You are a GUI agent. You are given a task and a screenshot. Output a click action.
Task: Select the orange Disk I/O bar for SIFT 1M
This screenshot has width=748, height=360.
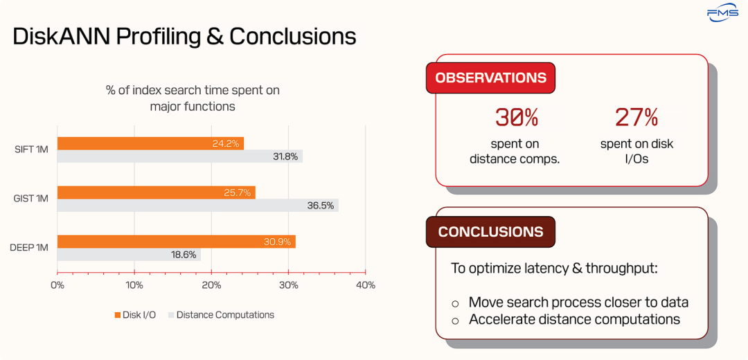(x=151, y=143)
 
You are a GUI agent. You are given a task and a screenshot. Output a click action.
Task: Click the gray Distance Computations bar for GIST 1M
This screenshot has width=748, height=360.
(x=198, y=205)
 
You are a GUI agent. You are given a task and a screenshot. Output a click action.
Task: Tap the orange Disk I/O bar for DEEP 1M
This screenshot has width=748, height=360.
(x=177, y=242)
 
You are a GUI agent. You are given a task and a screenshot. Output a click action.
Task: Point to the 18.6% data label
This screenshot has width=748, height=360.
(x=184, y=255)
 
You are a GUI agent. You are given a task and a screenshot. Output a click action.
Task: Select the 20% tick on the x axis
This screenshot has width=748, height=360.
(x=211, y=286)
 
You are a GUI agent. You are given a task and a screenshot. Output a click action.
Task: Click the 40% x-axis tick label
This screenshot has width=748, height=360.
(x=366, y=286)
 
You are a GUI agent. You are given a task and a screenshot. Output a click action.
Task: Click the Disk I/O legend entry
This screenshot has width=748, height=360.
(x=135, y=315)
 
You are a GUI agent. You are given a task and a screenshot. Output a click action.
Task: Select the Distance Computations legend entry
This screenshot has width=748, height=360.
(x=221, y=315)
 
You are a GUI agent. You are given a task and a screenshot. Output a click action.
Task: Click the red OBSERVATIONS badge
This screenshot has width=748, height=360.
(x=490, y=78)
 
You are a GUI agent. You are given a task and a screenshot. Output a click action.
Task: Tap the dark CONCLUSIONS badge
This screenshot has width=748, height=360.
(x=490, y=232)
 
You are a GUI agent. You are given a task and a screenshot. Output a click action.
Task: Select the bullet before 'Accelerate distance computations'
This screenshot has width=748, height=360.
(x=455, y=321)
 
